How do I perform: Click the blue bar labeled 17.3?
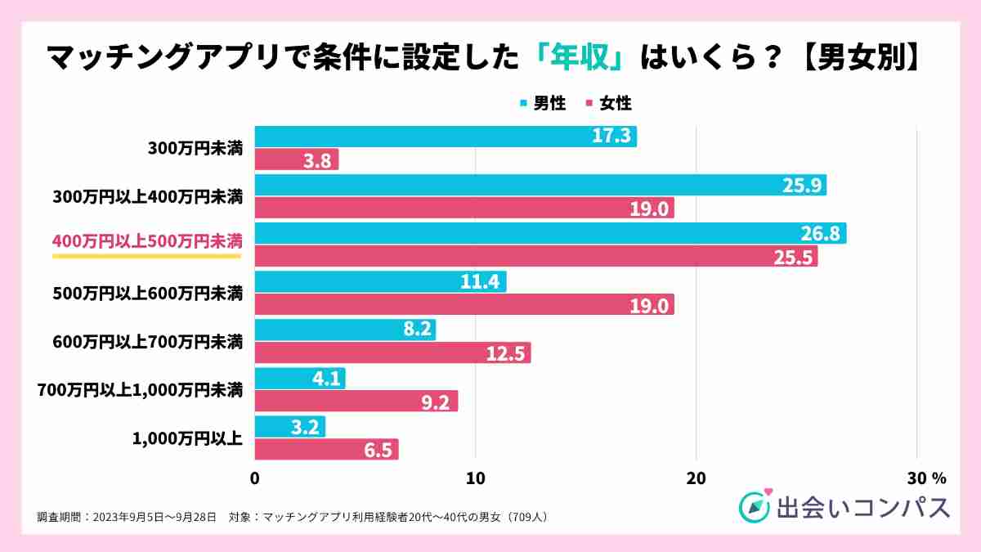pos(446,137)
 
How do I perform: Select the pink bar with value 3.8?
pos(297,160)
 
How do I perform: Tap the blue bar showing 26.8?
pos(550,234)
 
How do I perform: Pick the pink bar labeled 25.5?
pos(536,257)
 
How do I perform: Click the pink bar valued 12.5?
pos(393,353)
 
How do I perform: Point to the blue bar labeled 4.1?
pos(300,379)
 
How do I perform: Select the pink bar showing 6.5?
pos(327,450)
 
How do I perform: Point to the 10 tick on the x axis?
pos(475,478)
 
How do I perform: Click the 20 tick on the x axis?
pos(696,478)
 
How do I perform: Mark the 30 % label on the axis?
pos(923,478)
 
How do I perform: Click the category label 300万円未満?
pos(195,149)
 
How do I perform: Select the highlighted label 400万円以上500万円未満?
pos(147,242)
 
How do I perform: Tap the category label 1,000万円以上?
pos(187,438)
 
